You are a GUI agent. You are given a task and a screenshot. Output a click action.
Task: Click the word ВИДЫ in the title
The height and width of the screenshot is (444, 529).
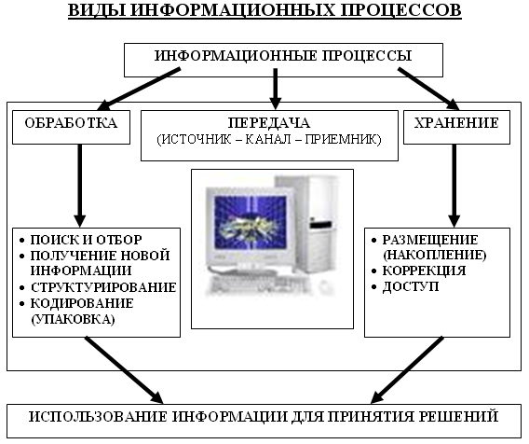[x=96, y=10]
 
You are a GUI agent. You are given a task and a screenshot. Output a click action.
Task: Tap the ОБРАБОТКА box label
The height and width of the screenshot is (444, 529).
[x=71, y=122]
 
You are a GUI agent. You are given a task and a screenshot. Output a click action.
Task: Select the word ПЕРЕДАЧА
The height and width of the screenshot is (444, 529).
[x=269, y=122]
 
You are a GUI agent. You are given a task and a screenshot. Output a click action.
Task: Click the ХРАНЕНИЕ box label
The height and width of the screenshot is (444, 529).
[x=456, y=122]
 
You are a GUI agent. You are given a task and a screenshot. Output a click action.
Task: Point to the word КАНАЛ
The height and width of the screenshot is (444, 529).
[x=268, y=139]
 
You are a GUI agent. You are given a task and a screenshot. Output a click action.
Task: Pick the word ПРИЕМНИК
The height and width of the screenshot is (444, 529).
[x=343, y=139]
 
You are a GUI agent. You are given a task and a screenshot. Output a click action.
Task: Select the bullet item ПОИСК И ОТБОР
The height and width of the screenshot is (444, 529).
[x=86, y=240]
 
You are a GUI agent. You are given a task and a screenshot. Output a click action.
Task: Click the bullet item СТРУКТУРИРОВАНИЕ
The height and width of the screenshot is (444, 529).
[x=103, y=287]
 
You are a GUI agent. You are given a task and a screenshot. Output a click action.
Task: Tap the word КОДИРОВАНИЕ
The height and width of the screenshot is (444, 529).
[x=82, y=303]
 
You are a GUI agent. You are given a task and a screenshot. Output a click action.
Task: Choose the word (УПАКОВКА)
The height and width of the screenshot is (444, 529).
[x=73, y=319]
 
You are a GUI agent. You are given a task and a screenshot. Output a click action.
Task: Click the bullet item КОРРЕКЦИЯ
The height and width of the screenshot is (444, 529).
[x=424, y=271]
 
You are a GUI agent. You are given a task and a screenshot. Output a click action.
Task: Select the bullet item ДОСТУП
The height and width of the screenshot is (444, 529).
[x=411, y=286]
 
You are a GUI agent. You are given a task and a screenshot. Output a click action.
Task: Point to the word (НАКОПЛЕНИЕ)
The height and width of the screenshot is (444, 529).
[x=435, y=255]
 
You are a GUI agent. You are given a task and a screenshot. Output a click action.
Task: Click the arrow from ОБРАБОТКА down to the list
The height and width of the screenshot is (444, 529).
[x=79, y=186]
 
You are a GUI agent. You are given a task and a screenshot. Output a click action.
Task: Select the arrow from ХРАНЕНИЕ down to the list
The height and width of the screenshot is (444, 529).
[x=454, y=186]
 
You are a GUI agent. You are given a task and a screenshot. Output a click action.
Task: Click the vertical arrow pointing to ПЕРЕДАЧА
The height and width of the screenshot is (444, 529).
[x=276, y=90]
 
